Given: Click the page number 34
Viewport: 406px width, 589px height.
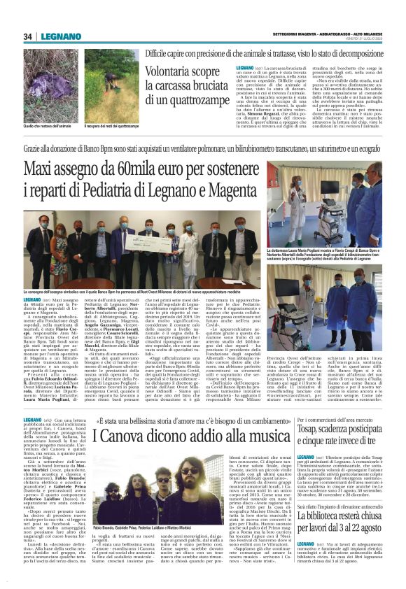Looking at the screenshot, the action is click(x=29, y=36).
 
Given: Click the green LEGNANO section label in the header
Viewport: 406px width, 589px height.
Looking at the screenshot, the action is click(x=59, y=36).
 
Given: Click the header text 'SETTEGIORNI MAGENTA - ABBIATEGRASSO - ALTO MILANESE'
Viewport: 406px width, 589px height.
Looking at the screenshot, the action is click(x=321, y=32).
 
